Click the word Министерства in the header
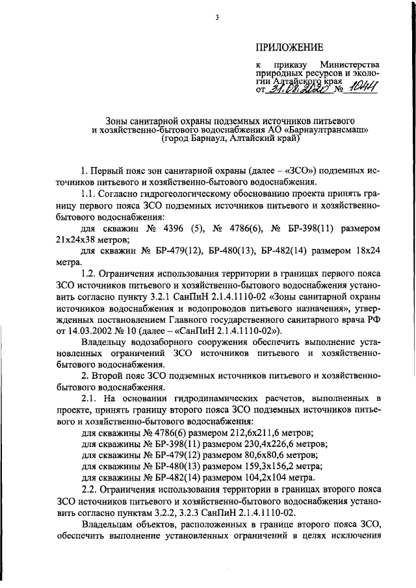pyautogui.click(x=350, y=66)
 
